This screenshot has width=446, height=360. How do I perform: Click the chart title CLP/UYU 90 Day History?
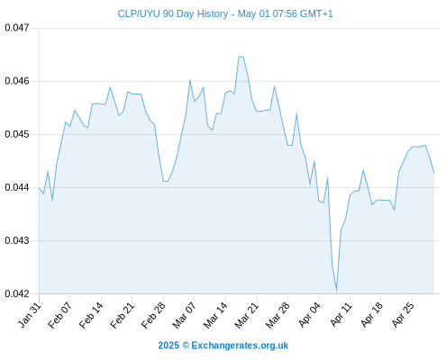click(173, 13)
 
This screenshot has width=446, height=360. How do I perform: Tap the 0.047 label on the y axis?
click(17, 28)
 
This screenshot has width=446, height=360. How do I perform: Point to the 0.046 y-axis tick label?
click(17, 81)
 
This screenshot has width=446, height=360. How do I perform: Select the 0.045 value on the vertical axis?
click(17, 134)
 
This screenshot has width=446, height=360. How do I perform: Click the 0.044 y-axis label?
click(17, 187)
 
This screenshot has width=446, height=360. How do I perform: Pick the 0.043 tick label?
click(17, 240)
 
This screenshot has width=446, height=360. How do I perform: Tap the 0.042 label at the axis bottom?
click(17, 293)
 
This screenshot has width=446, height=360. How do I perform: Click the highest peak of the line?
click(241, 57)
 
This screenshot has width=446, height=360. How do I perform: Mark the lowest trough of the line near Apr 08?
click(336, 290)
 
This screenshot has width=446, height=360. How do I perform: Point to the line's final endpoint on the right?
click(434, 173)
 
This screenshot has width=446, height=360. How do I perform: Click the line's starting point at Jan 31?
click(39, 188)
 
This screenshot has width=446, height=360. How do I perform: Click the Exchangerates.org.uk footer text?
click(240, 346)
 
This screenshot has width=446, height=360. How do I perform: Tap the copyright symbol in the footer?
click(186, 346)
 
